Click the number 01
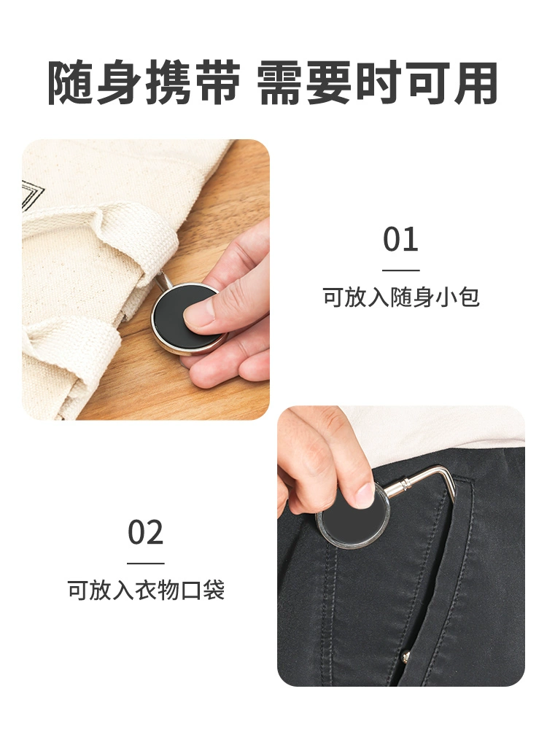[400, 239]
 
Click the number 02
[146, 533]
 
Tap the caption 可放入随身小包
[401, 297]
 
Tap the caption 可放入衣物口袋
[146, 590]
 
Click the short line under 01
[401, 270]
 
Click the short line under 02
[146, 564]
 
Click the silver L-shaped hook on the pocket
[428, 479]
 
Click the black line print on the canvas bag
[31, 195]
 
